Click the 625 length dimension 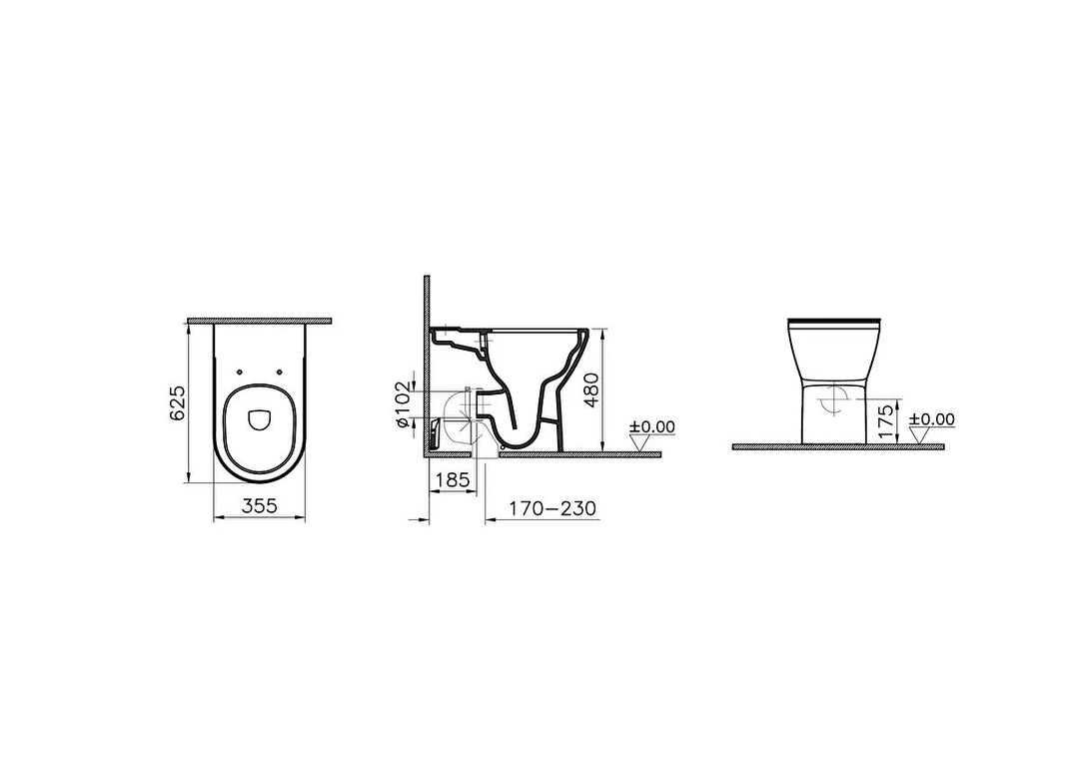pyautogui.click(x=178, y=402)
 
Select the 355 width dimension pyautogui.click(x=259, y=505)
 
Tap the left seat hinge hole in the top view pyautogui.click(x=238, y=372)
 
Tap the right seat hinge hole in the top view pyautogui.click(x=280, y=372)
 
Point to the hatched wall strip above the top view pyautogui.click(x=259, y=321)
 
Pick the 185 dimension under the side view pyautogui.click(x=453, y=479)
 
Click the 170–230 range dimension pyautogui.click(x=552, y=508)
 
